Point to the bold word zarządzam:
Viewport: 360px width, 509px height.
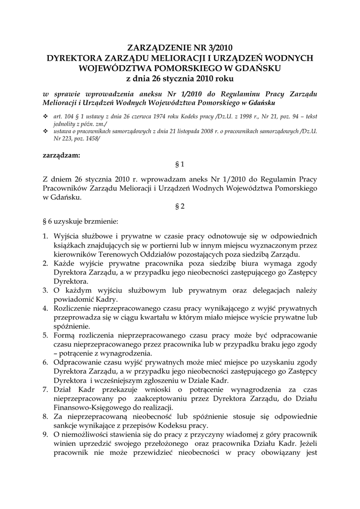coord(61,155)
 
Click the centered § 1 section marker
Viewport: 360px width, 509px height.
coord(180,164)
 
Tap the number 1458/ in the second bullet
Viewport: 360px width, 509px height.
coord(90,140)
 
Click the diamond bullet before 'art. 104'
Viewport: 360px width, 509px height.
coord(46,116)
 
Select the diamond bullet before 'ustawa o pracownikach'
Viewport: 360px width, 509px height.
coord(46,131)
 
